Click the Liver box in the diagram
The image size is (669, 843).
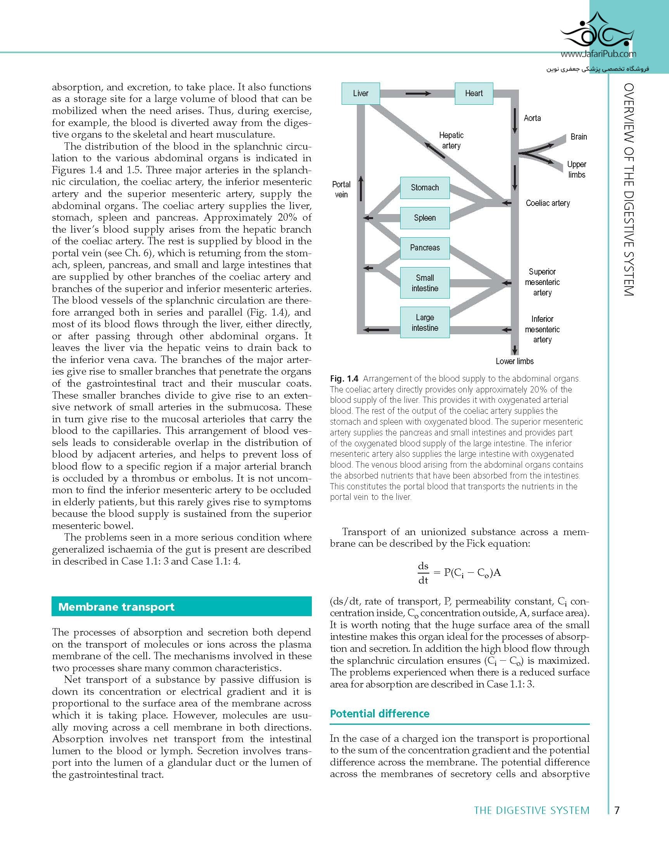(x=361, y=93)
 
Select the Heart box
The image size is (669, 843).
(x=474, y=93)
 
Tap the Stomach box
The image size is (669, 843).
(x=425, y=188)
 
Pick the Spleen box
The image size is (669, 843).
(x=425, y=218)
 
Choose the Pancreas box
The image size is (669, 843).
(x=425, y=248)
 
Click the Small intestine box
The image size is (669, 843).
(x=425, y=283)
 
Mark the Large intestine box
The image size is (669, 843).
(x=425, y=323)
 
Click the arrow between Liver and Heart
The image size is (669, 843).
(x=418, y=93)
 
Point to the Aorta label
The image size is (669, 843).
(x=532, y=118)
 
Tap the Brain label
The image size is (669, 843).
(x=578, y=137)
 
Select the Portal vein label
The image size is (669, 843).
(x=341, y=189)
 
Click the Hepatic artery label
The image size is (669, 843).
(x=451, y=140)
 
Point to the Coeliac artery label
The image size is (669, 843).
(x=547, y=203)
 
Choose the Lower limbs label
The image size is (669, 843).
(x=515, y=361)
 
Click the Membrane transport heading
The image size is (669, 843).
(x=116, y=607)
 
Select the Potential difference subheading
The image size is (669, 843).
(x=379, y=713)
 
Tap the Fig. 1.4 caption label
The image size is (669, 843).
(x=344, y=378)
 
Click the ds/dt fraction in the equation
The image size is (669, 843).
(x=423, y=573)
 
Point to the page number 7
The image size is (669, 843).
(x=617, y=810)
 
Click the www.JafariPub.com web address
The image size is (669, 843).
(x=598, y=54)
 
